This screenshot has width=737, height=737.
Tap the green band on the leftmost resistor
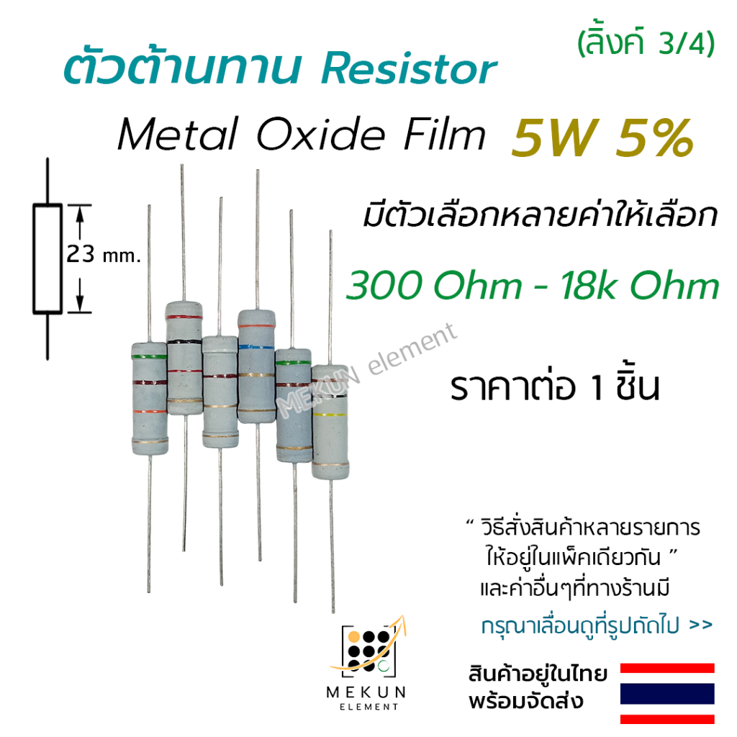click(x=149, y=356)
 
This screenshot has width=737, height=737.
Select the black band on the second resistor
click(x=184, y=339)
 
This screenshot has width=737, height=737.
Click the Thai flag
click(x=667, y=693)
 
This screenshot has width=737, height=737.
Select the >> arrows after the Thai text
click(x=700, y=625)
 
